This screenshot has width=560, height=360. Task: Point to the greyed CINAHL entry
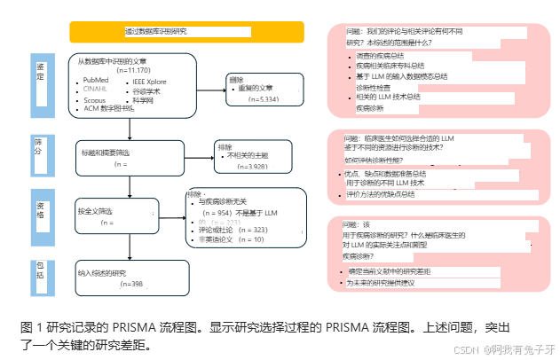click(x=97, y=90)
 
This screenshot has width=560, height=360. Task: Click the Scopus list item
click(x=95, y=100)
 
